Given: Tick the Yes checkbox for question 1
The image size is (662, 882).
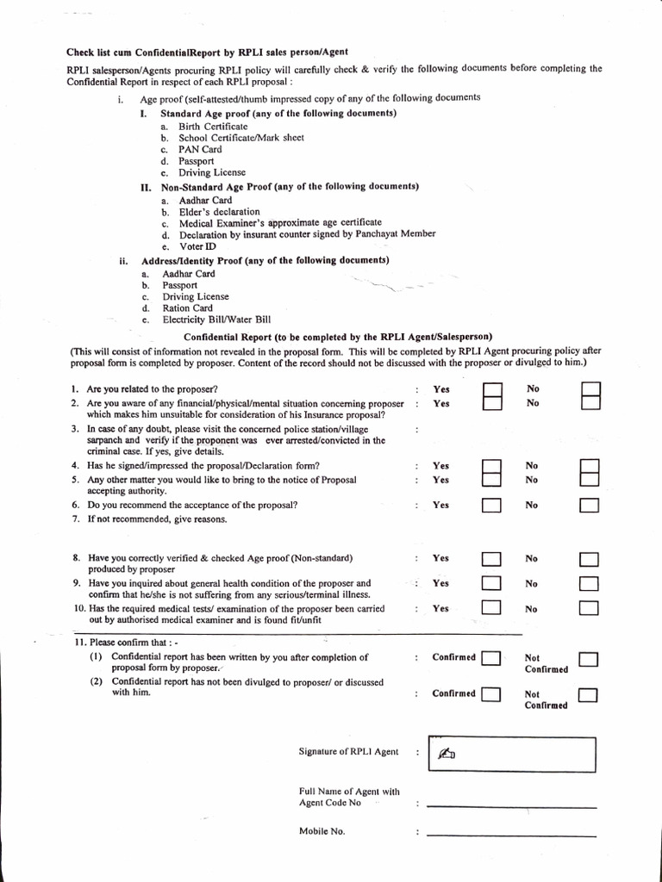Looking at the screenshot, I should coord(491,391).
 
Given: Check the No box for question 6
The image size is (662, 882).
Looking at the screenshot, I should coord(590,506).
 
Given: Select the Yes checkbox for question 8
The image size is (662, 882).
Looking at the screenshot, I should coord(491,559).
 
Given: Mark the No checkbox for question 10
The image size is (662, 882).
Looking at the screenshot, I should coord(590,609).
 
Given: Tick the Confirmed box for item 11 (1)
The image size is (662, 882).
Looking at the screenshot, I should coord(491,660).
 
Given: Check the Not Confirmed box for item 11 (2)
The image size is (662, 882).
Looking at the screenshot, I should coord(589,695).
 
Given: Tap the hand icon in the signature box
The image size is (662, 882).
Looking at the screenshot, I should coord(446,755).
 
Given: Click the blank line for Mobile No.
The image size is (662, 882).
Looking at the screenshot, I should coord(511,834).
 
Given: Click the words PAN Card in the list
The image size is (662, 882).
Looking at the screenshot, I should coord(200,149).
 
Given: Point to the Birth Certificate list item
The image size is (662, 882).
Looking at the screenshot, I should coord(213,126).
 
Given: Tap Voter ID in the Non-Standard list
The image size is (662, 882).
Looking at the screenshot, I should coord(197,246).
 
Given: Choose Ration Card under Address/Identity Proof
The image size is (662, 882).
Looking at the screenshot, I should coord(188,307).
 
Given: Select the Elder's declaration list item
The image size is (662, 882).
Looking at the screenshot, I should coord(219,211).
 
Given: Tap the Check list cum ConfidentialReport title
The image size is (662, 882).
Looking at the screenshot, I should coord(207,52).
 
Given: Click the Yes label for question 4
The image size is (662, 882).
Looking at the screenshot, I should coord(440,466).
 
